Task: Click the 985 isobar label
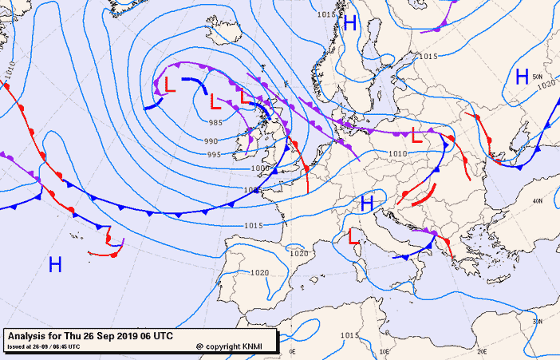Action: click(215, 123)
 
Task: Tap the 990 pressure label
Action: click(211, 141)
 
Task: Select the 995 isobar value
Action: click(214, 155)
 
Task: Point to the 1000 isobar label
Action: click(259, 168)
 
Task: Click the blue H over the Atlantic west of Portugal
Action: click(55, 265)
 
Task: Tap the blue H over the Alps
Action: click(367, 204)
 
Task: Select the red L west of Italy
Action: click(354, 235)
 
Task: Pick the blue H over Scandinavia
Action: click(349, 23)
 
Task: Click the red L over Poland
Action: click(416, 135)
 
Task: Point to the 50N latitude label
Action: click(538, 77)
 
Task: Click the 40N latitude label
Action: click(537, 200)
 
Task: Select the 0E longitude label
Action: click(292, 351)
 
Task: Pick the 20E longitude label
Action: click(481, 351)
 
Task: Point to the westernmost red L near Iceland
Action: click(169, 84)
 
